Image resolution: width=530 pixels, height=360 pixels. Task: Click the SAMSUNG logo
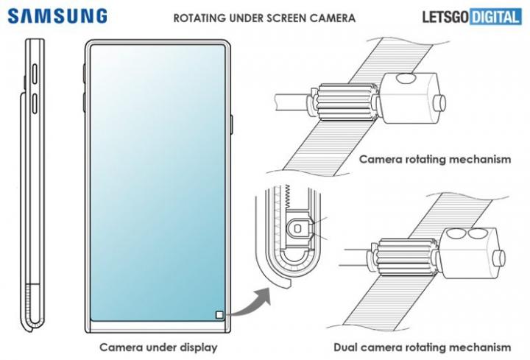[57, 15]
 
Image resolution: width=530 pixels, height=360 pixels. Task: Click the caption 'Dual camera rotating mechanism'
[422, 347]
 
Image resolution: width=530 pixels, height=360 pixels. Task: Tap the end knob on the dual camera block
[501, 257]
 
